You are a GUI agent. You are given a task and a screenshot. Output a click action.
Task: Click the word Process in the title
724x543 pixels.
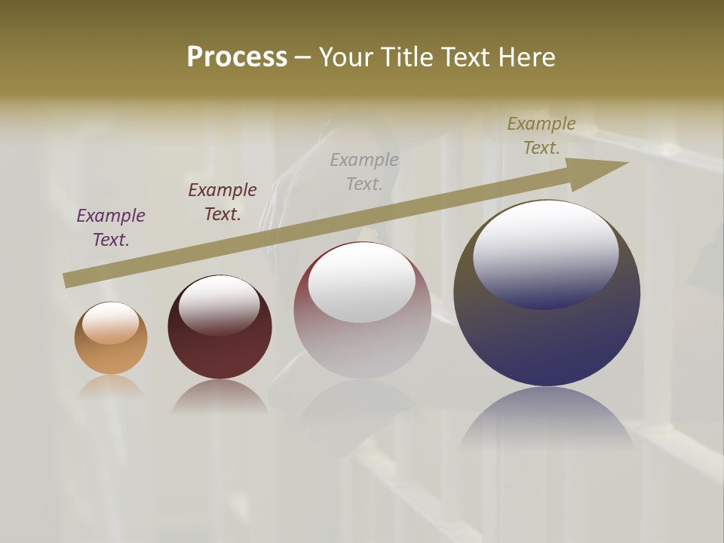[237, 57]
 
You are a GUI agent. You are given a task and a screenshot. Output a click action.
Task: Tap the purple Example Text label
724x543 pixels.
[111, 228]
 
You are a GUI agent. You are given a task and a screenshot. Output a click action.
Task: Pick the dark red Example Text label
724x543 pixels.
[222, 202]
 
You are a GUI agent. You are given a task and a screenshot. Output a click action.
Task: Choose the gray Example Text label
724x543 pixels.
[364, 172]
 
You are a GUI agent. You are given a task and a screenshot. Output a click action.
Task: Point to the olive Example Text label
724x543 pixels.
[541, 136]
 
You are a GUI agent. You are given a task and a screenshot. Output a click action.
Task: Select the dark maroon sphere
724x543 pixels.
[219, 347]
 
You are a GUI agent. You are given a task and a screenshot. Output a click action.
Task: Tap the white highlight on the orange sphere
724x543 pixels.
[110, 323]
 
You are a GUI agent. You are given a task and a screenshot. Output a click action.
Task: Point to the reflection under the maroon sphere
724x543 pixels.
[219, 397]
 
